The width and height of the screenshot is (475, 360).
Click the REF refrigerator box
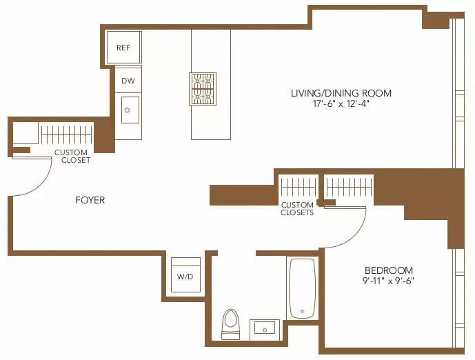click(x=123, y=48)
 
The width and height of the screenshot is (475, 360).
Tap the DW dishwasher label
click(x=128, y=81)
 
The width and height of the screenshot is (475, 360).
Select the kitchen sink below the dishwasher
click(x=130, y=110)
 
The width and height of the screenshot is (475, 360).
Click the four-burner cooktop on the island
click(x=203, y=89)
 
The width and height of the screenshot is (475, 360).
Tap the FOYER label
click(x=90, y=200)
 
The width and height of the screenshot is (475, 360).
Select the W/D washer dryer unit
click(x=185, y=275)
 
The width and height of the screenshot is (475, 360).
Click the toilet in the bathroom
click(x=230, y=323)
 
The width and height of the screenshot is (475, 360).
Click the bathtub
click(x=302, y=288)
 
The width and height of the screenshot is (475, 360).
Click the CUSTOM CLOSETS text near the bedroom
click(x=297, y=209)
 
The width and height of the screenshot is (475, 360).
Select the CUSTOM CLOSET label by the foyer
click(x=72, y=157)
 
